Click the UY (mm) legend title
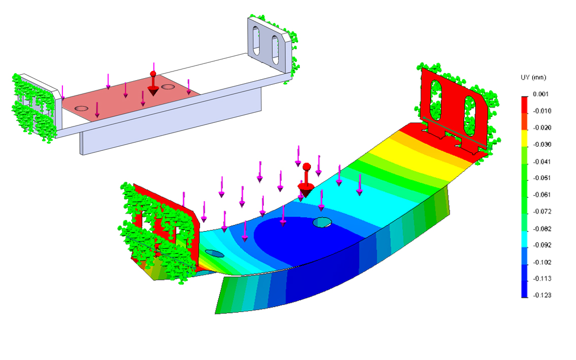coord(533,78)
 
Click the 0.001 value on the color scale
coord(541,94)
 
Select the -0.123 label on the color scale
coord(542,295)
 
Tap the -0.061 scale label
coord(542,194)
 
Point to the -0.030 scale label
coord(542,144)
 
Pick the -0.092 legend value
coord(542,245)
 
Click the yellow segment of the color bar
coord(525,139)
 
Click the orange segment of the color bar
coord(525,121)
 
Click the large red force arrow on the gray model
coord(153,84)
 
